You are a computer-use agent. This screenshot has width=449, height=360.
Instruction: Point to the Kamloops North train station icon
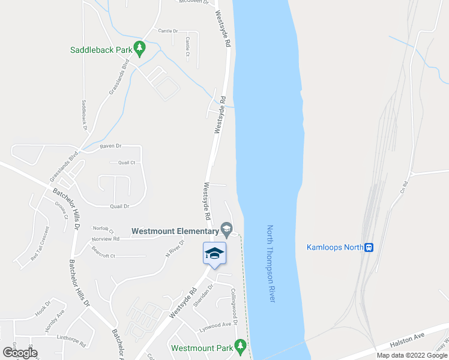(x=369, y=247)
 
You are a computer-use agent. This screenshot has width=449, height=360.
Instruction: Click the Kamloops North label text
(x=335, y=247)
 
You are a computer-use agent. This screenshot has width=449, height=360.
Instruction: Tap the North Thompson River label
(x=271, y=263)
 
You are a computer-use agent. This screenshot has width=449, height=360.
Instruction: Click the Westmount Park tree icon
(x=240, y=346)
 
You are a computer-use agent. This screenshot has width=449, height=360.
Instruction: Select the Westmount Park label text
(x=201, y=348)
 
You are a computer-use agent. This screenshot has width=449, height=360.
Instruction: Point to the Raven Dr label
(x=110, y=146)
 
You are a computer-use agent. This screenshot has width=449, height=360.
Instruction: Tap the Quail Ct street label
(x=127, y=163)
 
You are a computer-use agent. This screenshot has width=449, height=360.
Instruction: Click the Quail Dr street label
(x=119, y=206)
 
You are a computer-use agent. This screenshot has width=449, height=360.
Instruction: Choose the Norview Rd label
(x=105, y=239)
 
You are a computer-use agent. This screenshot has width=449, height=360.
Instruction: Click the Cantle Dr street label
(x=167, y=31)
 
